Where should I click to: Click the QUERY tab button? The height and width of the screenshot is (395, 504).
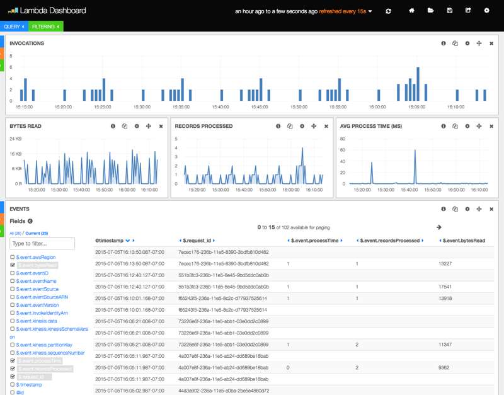point(13,26)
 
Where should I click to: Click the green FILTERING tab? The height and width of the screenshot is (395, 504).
point(45,26)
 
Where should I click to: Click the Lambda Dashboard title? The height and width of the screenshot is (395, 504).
point(53,11)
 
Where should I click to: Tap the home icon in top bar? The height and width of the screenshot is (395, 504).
point(411,11)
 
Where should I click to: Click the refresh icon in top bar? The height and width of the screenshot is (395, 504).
point(388,11)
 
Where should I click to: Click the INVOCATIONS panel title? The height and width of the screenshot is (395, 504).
point(26,43)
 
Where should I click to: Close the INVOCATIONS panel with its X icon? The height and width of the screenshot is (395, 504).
point(491,43)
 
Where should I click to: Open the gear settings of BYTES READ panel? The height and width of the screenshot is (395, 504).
point(137,126)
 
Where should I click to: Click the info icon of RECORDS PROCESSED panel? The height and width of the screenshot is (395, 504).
point(278,126)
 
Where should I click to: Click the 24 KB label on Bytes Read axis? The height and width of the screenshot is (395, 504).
point(16,139)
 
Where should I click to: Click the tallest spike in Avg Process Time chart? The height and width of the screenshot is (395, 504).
point(415,151)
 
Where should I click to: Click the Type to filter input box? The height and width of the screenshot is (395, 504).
point(42,243)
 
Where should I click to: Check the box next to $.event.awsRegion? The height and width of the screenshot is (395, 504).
point(13,258)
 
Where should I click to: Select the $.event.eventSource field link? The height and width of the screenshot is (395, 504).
point(37,289)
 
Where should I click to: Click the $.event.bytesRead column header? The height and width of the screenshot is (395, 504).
point(464,241)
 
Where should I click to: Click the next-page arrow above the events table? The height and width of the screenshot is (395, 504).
point(439,227)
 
